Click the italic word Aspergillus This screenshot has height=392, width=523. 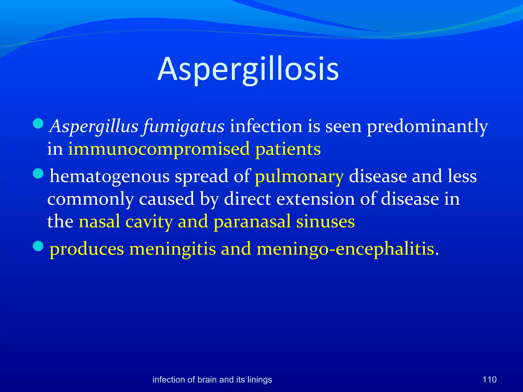94,126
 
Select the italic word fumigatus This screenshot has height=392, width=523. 184,126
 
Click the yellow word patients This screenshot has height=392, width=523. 288,149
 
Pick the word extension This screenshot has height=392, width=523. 316,199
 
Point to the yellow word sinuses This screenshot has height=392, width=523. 325,222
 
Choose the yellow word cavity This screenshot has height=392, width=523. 149,222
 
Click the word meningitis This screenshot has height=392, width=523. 172,249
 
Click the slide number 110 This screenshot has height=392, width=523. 489,379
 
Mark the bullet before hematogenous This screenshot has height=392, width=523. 38,174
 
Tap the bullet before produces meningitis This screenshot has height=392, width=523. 38,247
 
